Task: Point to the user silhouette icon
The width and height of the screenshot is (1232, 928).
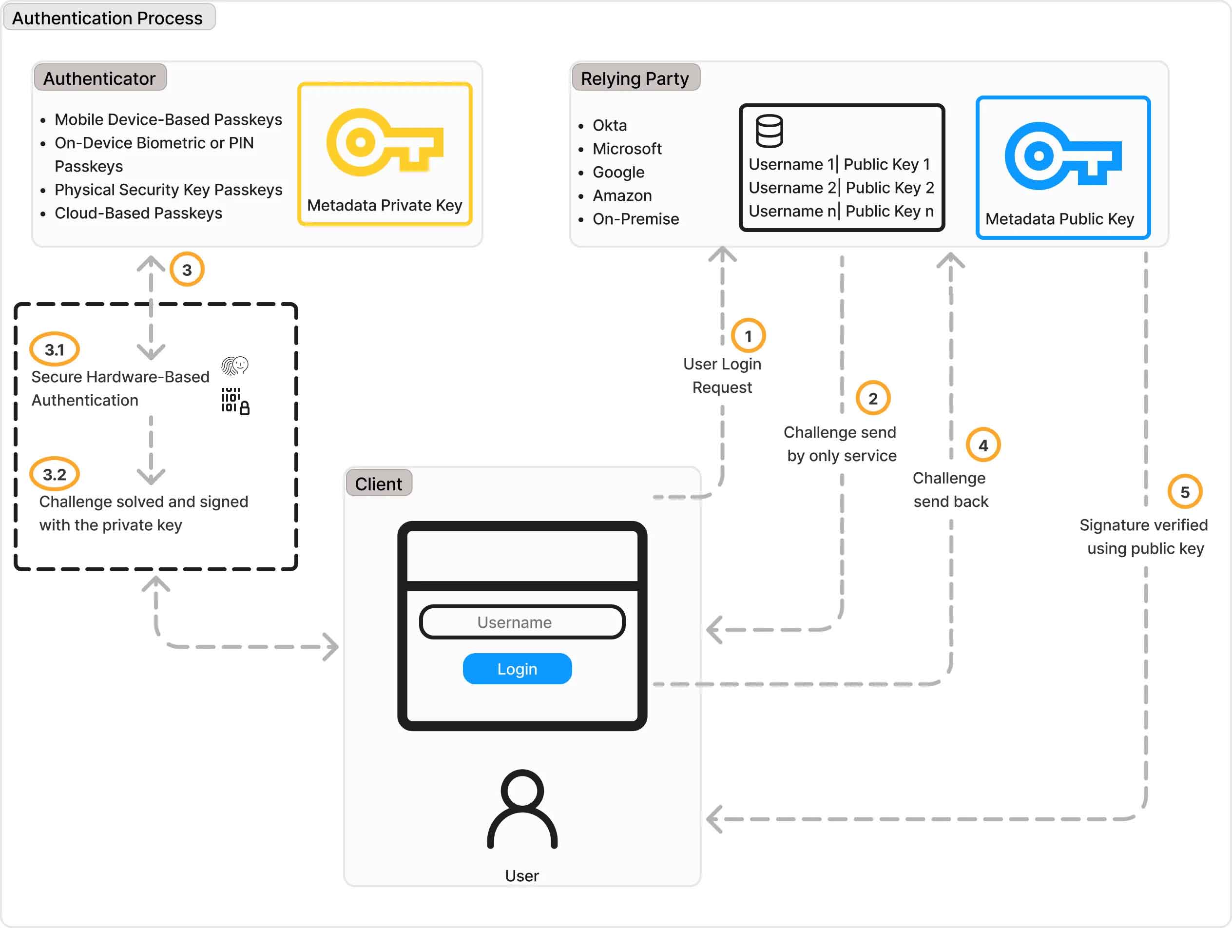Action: [x=522, y=809]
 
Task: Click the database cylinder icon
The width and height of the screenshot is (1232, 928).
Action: [x=769, y=131]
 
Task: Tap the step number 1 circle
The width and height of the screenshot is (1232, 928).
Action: [x=748, y=336]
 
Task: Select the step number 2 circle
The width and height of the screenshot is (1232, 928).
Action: [x=873, y=398]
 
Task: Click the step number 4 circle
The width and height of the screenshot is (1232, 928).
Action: [x=983, y=445]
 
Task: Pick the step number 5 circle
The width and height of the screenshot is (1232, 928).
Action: [x=1185, y=492]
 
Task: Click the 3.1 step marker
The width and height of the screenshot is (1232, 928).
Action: [x=55, y=349]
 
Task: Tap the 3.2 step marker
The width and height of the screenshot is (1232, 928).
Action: [x=55, y=474]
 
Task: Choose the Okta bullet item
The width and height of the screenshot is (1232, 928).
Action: [x=609, y=125]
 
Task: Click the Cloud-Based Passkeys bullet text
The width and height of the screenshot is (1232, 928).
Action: [x=138, y=213]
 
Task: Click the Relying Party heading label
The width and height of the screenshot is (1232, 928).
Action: [x=635, y=78]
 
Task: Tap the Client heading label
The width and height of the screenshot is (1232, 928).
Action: [x=378, y=483]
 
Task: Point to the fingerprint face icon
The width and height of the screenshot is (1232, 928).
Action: [x=234, y=366]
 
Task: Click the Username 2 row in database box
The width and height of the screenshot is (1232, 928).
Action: [x=841, y=188]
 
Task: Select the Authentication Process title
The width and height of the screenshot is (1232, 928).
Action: [x=108, y=18]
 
